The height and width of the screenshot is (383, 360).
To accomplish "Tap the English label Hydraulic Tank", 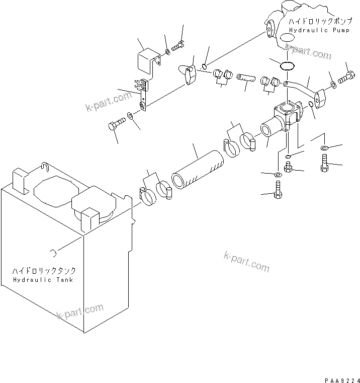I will pyautogui.click(x=44, y=279).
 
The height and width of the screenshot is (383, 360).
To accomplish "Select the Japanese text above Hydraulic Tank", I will pyautogui.click(x=44, y=270).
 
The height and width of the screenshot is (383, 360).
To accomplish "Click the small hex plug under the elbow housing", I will pyautogui.click(x=288, y=167).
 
